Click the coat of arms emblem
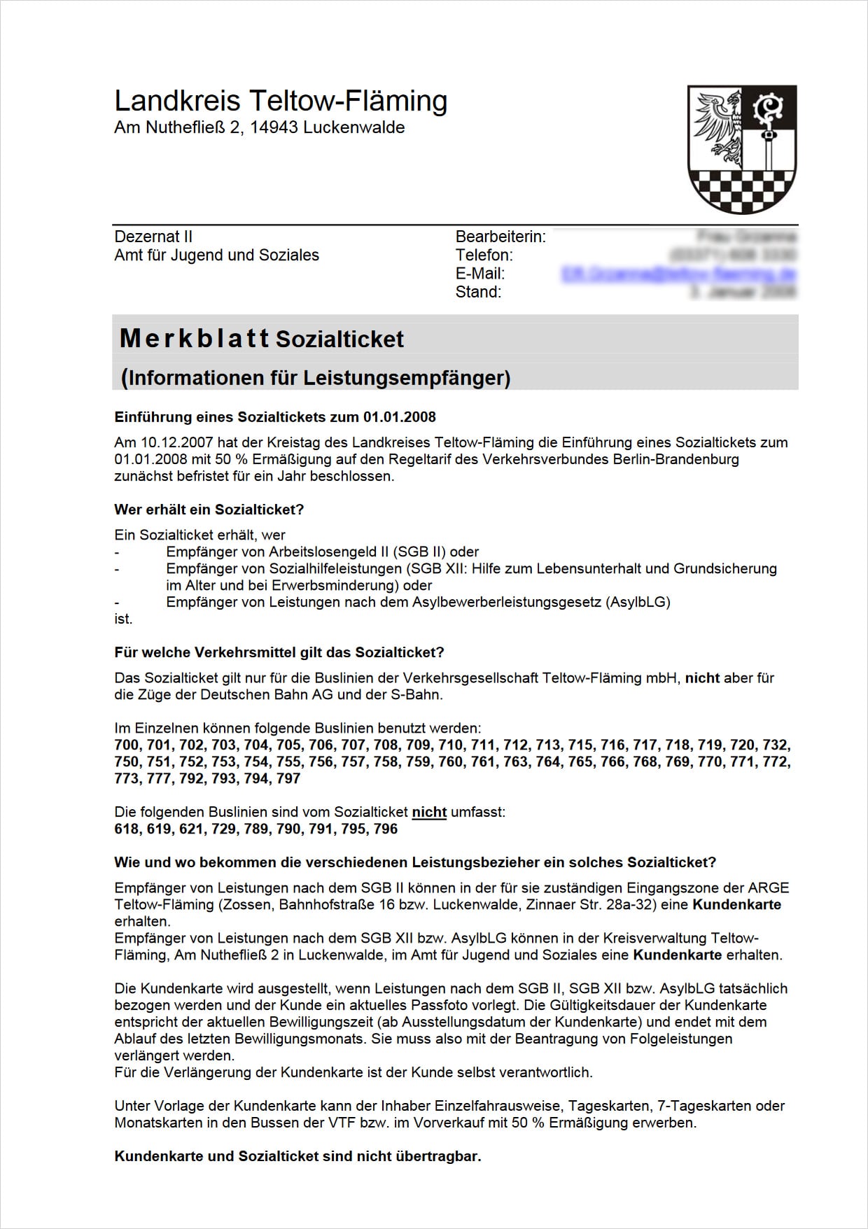tap(742, 149)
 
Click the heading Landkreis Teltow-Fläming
tap(281, 101)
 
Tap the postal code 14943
tap(274, 127)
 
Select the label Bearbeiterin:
tap(500, 237)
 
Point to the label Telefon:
tap(484, 255)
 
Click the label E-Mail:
tap(479, 274)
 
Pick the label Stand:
tap(478, 292)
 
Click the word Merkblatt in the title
tap(194, 339)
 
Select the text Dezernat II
tap(153, 237)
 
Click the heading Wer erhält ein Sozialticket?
tap(209, 510)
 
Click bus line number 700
tap(127, 745)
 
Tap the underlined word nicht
tap(429, 812)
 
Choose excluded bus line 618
tap(127, 829)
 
